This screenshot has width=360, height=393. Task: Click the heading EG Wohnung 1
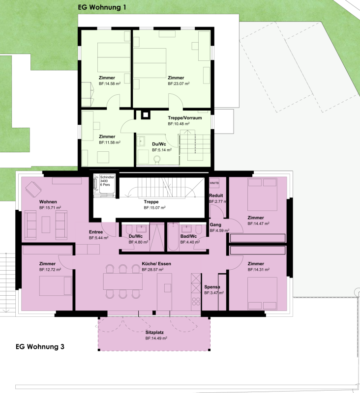click(x=102, y=7)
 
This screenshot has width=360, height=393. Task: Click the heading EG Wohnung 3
click(x=40, y=347)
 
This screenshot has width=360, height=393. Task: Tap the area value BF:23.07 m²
click(x=179, y=84)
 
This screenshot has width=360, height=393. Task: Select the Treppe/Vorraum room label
click(x=185, y=118)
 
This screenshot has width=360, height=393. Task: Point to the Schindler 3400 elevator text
click(x=107, y=181)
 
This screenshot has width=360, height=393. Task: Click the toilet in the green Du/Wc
click(x=157, y=159)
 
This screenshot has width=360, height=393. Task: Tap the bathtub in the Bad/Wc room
click(x=173, y=237)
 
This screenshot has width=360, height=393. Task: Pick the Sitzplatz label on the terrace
click(x=154, y=333)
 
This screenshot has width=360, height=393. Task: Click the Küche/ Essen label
click(x=156, y=264)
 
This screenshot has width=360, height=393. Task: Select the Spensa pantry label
click(x=212, y=287)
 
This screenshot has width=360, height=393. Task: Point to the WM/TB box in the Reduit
click(x=214, y=183)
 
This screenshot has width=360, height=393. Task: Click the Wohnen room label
click(x=48, y=202)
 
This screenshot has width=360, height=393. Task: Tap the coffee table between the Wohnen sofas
click(x=46, y=225)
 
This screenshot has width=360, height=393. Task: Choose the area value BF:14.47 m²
click(x=258, y=224)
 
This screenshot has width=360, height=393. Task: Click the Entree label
click(x=96, y=232)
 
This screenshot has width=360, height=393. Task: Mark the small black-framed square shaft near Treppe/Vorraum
click(x=145, y=115)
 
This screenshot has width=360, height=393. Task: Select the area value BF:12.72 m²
click(x=50, y=270)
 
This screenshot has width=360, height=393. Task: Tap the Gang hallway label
click(x=215, y=225)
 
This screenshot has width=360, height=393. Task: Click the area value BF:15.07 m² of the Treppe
click(x=154, y=208)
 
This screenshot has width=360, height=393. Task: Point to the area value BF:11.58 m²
click(x=110, y=142)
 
